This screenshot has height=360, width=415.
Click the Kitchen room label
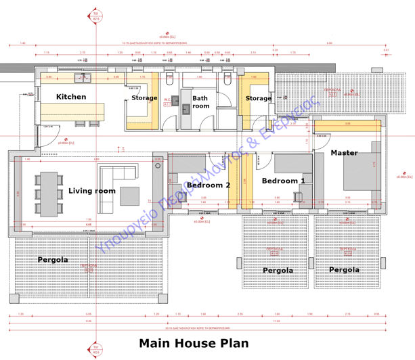click(x=71, y=97)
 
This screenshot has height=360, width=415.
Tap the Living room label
click(x=92, y=191)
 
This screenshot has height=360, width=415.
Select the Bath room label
click(x=201, y=102)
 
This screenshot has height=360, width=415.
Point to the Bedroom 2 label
click(x=209, y=185)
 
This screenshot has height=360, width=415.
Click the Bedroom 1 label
click(x=283, y=181)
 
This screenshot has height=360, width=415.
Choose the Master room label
click(x=344, y=153)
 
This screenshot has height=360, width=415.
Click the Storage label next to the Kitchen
click(x=144, y=99)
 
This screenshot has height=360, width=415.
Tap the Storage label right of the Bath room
click(x=258, y=99)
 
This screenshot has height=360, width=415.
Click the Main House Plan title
click(x=194, y=343)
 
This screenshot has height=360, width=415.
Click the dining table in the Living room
click(x=49, y=191)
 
